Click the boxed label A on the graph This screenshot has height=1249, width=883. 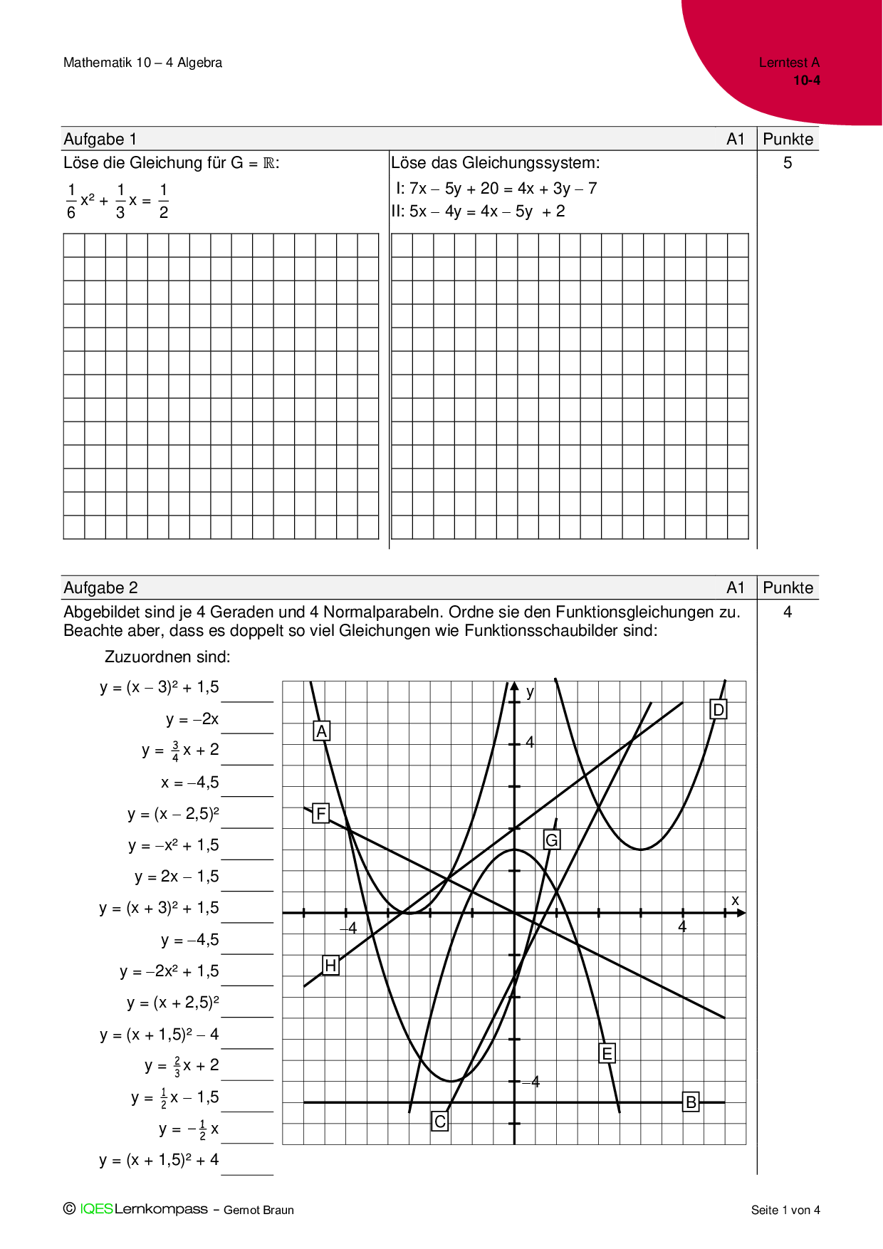tap(322, 731)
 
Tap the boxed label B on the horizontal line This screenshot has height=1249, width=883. tap(691, 1102)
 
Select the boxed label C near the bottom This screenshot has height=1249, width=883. tap(440, 1122)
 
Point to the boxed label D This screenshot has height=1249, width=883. tap(719, 710)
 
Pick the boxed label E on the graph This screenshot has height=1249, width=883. tap(607, 1053)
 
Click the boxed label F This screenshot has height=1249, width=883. tap(321, 813)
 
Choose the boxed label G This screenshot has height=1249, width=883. tap(551, 840)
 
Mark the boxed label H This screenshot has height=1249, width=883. tap(330, 966)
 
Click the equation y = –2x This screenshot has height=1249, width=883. tap(192, 719)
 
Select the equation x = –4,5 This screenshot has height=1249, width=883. tap(189, 783)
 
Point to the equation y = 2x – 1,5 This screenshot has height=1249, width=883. tap(177, 877)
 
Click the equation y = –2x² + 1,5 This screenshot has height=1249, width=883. tap(169, 971)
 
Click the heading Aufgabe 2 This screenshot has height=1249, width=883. tap(100, 587)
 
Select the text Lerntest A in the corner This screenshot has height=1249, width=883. tap(789, 63)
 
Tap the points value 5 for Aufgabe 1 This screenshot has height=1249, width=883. tap(788, 163)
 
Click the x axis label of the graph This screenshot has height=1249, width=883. tap(736, 900)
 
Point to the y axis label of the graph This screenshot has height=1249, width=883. tap(530, 692)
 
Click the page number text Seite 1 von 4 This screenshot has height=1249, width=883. tap(785, 1210)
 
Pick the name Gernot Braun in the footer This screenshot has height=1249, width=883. tap(258, 1210)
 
